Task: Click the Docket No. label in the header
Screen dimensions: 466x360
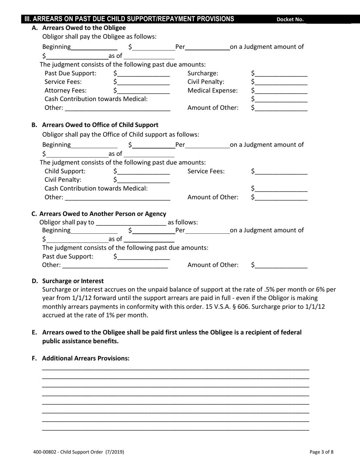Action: tap(290, 20)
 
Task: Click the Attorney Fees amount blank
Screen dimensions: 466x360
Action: tap(144, 91)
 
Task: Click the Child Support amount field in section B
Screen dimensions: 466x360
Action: tap(144, 171)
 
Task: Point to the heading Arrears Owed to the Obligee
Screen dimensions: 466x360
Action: tap(84, 28)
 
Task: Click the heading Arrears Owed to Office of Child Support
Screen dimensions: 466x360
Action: tap(100, 125)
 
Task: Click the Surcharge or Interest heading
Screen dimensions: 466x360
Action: tap(73, 281)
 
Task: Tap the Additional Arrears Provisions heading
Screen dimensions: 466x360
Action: tap(86, 358)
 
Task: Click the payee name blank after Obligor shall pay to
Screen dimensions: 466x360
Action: tap(131, 222)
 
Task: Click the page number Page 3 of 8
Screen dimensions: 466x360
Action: tap(321, 452)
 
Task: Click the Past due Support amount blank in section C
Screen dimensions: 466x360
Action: tap(144, 256)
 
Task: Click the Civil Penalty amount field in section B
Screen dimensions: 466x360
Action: tap(144, 180)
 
